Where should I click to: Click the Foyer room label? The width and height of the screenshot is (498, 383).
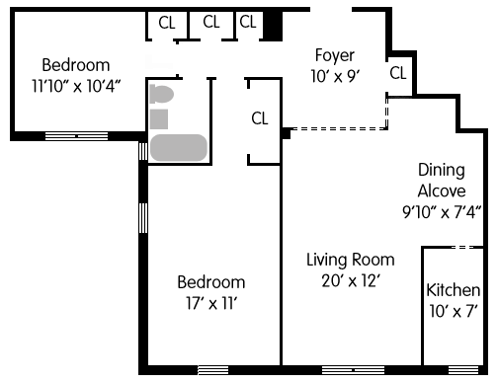click(x=335, y=55)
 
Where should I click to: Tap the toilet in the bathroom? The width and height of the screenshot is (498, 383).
click(x=161, y=94)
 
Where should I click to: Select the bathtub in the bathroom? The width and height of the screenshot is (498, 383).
click(x=179, y=148)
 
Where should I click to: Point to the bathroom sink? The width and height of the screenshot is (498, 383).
click(x=159, y=118)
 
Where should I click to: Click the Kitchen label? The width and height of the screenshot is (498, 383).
click(x=454, y=290)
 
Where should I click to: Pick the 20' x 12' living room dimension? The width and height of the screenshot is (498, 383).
click(x=351, y=281)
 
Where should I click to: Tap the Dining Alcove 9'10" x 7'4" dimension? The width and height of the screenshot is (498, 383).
click(x=442, y=212)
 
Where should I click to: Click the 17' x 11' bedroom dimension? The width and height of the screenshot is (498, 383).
click(x=211, y=303)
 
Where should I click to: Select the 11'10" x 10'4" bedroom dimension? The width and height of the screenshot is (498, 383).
click(x=76, y=86)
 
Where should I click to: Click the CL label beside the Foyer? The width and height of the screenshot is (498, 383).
click(x=398, y=73)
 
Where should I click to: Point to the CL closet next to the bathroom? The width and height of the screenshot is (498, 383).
click(x=260, y=118)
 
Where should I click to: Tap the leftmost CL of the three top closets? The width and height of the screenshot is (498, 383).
click(x=167, y=23)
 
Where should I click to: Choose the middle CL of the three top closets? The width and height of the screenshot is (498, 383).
click(x=211, y=22)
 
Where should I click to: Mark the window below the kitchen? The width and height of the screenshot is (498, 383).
click(x=463, y=370)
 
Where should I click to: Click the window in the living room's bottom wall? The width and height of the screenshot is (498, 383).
click(x=353, y=370)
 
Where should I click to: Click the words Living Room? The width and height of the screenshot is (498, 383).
click(x=351, y=260)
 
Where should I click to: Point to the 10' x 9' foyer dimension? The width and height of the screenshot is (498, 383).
click(x=335, y=77)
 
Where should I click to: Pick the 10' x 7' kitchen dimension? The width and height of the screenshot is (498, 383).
click(x=454, y=311)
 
